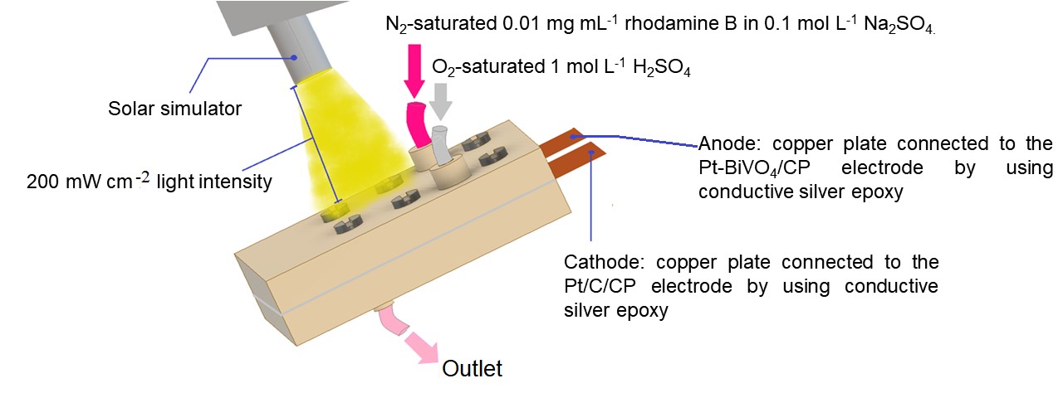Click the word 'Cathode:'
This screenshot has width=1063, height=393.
point(605,263)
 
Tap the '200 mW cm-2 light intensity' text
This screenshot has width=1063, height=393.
point(136,182)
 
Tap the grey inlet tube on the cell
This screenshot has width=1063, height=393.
point(442,145)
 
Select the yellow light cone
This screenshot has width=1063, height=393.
point(340,141)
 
